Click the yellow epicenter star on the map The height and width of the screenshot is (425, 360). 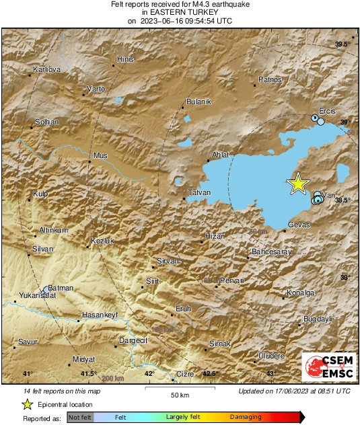(297, 184)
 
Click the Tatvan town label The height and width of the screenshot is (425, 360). (200, 193)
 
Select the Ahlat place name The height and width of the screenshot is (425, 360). (221, 155)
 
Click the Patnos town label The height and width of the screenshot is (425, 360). (271, 80)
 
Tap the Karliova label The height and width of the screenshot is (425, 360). (47, 69)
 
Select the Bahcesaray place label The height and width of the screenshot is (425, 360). (270, 252)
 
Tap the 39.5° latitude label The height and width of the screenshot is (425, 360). (343, 44)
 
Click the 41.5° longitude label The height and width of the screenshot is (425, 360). (88, 374)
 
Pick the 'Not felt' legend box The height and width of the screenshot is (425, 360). (80, 418)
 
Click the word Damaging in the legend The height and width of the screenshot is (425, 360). (246, 418)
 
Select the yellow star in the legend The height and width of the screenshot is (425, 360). (27, 404)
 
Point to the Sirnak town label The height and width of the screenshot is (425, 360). (221, 344)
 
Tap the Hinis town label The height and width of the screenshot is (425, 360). (126, 59)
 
